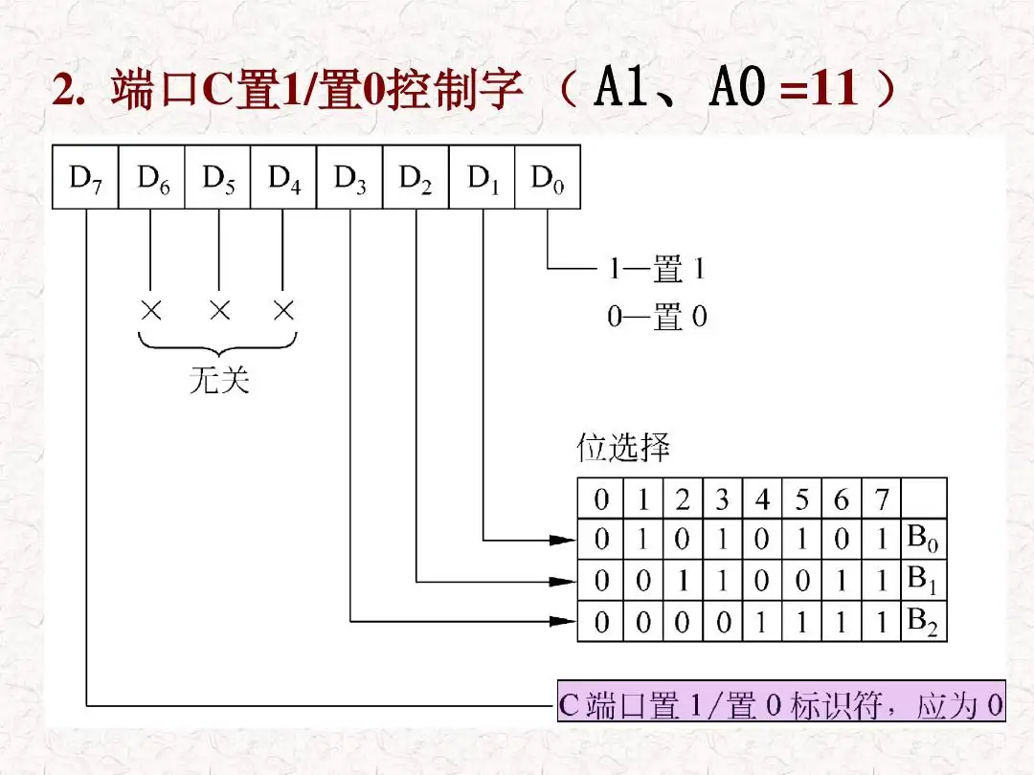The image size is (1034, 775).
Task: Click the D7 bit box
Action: pos(85,178)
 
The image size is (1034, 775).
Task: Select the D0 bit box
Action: pos(548,178)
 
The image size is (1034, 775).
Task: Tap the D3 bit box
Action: pos(349,178)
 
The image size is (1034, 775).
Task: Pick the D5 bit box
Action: pos(217,178)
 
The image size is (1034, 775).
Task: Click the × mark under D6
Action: pos(150,310)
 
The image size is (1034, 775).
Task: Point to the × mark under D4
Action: pos(282,310)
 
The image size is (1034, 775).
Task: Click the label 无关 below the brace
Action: pos(219,381)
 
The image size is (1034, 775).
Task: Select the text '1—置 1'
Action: pos(657,271)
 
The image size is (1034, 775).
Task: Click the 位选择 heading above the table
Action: pos(623,448)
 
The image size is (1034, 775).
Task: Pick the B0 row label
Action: pos(923,540)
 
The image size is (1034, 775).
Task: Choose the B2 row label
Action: pos(923,622)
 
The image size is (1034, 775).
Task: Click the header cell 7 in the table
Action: pos(882,499)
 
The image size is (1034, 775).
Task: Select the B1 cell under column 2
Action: pos(682,581)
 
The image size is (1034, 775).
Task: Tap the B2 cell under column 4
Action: pos(762,623)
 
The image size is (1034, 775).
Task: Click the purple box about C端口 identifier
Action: pos(781,708)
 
